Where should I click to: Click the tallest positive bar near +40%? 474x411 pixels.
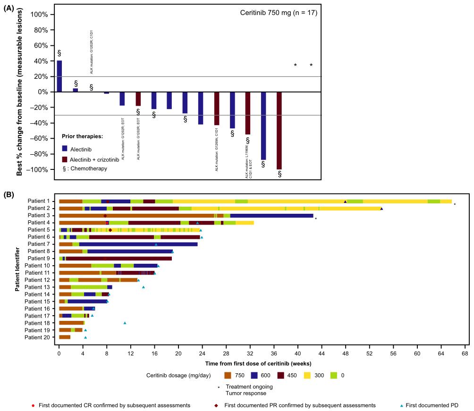click(59, 76)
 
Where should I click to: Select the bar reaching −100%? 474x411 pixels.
click(279, 131)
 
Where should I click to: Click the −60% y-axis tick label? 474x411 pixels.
click(38, 139)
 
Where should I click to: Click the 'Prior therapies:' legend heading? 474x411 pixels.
click(82, 136)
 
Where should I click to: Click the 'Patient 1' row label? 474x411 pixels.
click(41, 201)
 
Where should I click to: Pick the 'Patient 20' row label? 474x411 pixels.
click(40, 337)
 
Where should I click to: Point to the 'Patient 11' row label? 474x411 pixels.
click(40, 273)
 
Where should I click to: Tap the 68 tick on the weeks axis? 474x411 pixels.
click(465, 353)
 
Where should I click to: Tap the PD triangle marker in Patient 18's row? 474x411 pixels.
click(125, 323)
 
